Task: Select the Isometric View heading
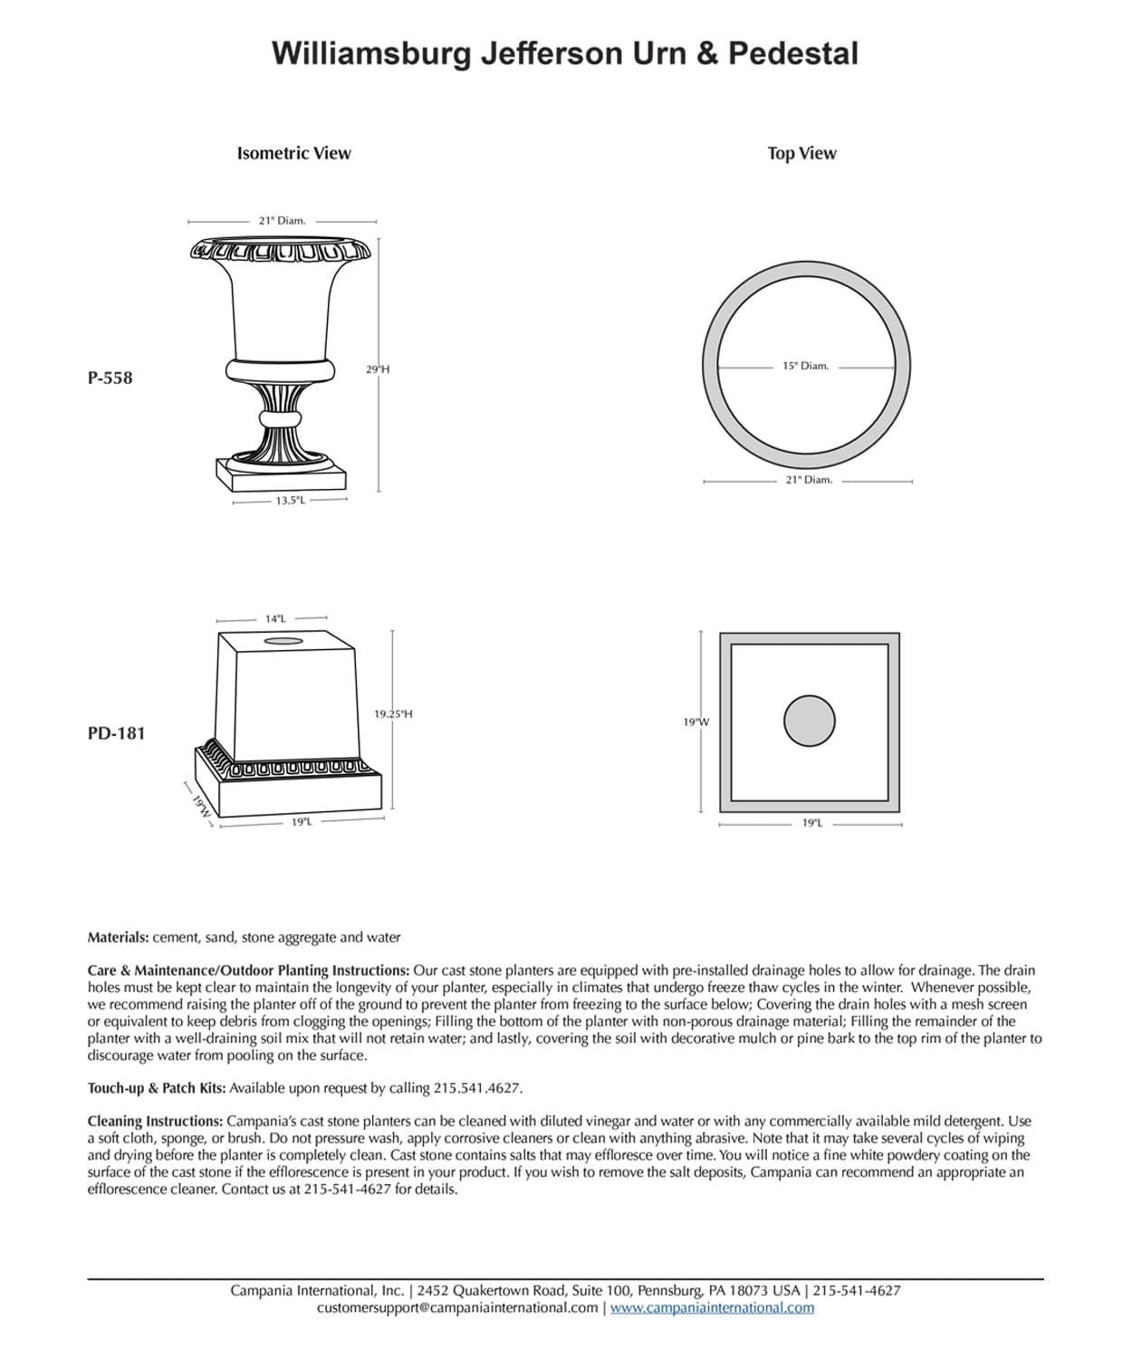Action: pyautogui.click(x=293, y=154)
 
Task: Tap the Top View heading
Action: pyautogui.click(x=801, y=154)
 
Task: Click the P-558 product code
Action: pyautogui.click(x=110, y=378)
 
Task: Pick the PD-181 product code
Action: pyautogui.click(x=116, y=733)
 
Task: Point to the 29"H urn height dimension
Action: pyautogui.click(x=378, y=369)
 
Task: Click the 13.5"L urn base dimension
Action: pyautogui.click(x=290, y=501)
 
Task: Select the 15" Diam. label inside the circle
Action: pyautogui.click(x=805, y=367)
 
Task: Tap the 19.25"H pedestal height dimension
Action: pyautogui.click(x=393, y=714)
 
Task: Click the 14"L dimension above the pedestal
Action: pyautogui.click(x=275, y=619)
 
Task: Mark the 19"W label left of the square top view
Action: pyautogui.click(x=696, y=722)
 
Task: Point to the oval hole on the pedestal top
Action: pyautogui.click(x=283, y=641)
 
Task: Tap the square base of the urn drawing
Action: pyautogui.click(x=281, y=472)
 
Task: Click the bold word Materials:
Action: pyautogui.click(x=118, y=938)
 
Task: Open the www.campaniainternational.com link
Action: pyautogui.click(x=712, y=1308)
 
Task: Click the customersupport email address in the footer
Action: pyautogui.click(x=457, y=1308)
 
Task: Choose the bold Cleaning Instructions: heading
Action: pyautogui.click(x=155, y=1121)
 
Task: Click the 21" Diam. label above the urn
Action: pyautogui.click(x=282, y=221)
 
